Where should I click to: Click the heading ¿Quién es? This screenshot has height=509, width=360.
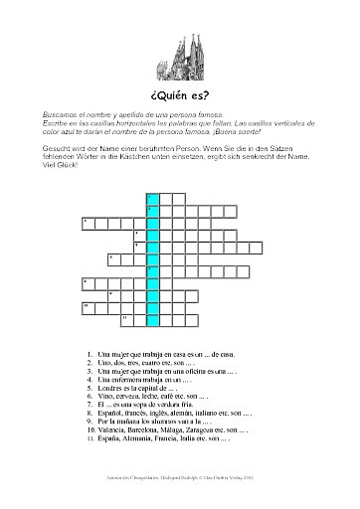180,94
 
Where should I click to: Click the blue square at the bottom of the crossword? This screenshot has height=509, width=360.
152,319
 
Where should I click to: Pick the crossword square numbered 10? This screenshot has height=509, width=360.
88,306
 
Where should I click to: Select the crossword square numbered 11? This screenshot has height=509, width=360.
126,318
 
